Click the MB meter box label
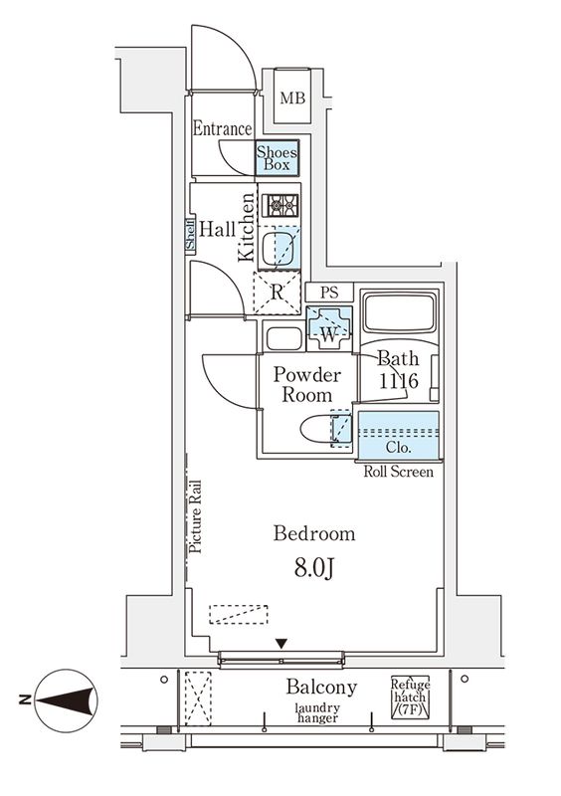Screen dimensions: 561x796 point(292,98)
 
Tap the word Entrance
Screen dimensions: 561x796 point(222,128)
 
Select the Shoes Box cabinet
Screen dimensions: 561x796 point(277,158)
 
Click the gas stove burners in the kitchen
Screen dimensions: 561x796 point(280,206)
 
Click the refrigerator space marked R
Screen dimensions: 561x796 point(277,293)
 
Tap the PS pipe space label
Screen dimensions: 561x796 point(329,293)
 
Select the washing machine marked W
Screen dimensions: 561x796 point(329,328)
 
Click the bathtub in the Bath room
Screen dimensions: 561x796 point(400,311)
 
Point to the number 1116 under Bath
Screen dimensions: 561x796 point(399,381)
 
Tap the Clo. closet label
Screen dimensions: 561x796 point(399,448)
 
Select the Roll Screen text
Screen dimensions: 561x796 point(399,472)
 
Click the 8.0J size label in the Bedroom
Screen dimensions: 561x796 point(314,569)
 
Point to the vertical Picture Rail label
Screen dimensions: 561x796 point(195,516)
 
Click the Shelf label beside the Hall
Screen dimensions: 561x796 point(190,235)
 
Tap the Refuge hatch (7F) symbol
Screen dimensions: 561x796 point(410,697)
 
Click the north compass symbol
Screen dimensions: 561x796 point(66,700)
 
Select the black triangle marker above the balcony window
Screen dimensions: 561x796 point(281,644)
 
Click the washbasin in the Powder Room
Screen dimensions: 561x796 point(284,338)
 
